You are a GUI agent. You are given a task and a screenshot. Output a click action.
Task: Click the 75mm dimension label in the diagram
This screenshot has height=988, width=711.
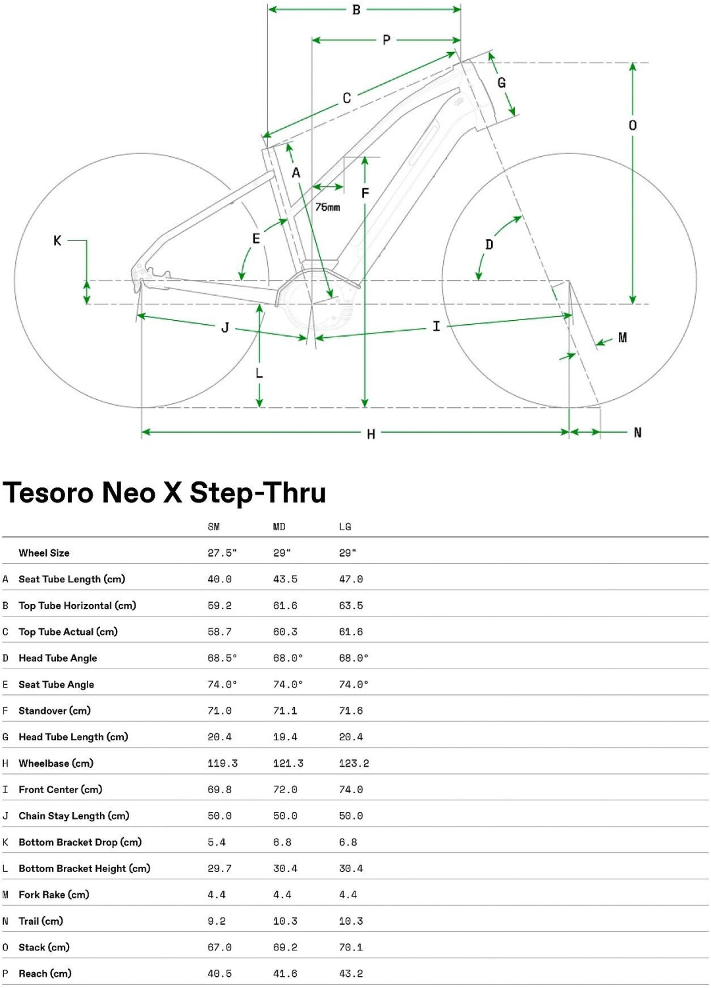pos(327,207)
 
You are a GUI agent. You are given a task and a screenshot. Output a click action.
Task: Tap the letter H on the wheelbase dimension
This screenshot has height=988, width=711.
pos(371,434)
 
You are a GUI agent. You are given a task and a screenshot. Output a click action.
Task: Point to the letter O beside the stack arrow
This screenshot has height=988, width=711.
pos(633,125)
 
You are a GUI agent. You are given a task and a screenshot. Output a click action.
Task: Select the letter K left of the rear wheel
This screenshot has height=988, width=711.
pos(57,241)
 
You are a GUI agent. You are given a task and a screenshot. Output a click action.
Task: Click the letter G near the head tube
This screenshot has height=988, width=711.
pos(502,83)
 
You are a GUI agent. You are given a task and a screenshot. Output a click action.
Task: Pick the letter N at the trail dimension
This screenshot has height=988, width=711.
pos(637,433)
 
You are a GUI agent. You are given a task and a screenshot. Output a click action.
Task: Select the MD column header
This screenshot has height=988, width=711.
pos(279,527)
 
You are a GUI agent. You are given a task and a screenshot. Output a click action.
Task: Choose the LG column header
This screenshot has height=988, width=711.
pos(345,527)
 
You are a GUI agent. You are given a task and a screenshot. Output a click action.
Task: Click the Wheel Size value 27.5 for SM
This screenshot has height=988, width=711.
pos(222,553)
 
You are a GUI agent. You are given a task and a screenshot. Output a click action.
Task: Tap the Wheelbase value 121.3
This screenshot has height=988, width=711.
pos(288,763)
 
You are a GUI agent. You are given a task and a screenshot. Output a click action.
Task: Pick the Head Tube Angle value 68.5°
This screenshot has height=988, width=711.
pos(222,658)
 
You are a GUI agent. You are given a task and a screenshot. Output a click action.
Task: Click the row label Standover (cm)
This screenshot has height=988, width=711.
pos(55,711)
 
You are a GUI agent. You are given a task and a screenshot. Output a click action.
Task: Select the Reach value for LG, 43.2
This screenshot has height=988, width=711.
pos(351,974)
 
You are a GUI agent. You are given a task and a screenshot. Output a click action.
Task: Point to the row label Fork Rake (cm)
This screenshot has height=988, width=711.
pos(54,894)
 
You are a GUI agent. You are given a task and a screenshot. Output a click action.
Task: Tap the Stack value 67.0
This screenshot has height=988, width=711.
pos(219,947)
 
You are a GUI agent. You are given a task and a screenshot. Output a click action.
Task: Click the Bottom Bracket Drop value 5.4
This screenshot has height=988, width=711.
pos(217,842)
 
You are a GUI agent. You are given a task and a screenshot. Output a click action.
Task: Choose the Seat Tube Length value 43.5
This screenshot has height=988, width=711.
pos(285,579)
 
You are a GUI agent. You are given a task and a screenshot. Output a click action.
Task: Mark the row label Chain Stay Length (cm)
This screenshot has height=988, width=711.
pos(74,816)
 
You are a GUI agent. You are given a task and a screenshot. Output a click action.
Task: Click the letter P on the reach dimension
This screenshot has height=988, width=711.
pos(386,40)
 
